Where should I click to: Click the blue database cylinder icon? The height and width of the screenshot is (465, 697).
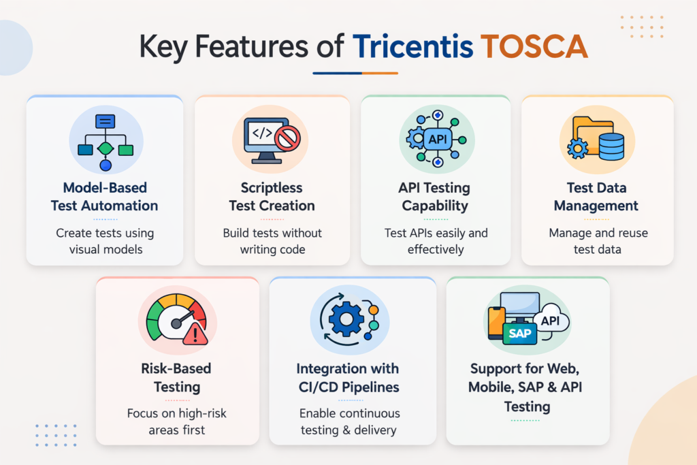(611, 146)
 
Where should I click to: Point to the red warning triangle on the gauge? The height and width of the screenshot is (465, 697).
(195, 334)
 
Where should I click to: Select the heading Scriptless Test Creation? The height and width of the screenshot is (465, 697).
(272, 197)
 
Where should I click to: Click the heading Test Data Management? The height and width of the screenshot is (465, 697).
(596, 197)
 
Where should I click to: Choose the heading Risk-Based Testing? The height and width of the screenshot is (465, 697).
(177, 378)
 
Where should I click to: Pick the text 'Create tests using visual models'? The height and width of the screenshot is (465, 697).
(105, 241)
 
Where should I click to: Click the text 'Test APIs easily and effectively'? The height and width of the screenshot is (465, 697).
(435, 241)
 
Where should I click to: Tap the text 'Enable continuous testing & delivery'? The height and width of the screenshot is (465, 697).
(350, 421)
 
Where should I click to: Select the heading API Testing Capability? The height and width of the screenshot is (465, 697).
(436, 197)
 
